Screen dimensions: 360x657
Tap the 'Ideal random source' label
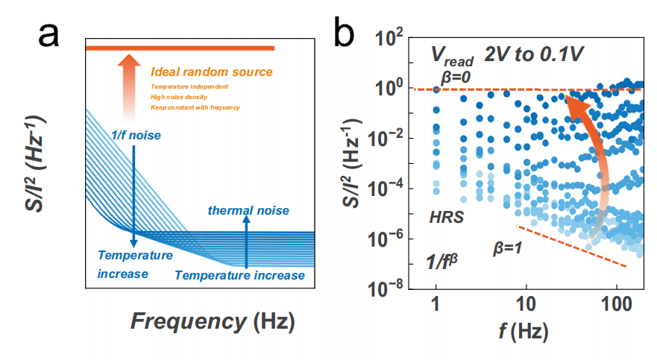pos(211,72)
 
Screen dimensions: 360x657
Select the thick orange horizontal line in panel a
pos(180,48)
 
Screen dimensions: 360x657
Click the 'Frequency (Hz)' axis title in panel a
pos(213,321)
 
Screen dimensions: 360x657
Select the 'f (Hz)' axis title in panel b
pos(526,332)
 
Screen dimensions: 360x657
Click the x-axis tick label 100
pos(616,306)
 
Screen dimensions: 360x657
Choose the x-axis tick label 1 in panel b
pos(436,306)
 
